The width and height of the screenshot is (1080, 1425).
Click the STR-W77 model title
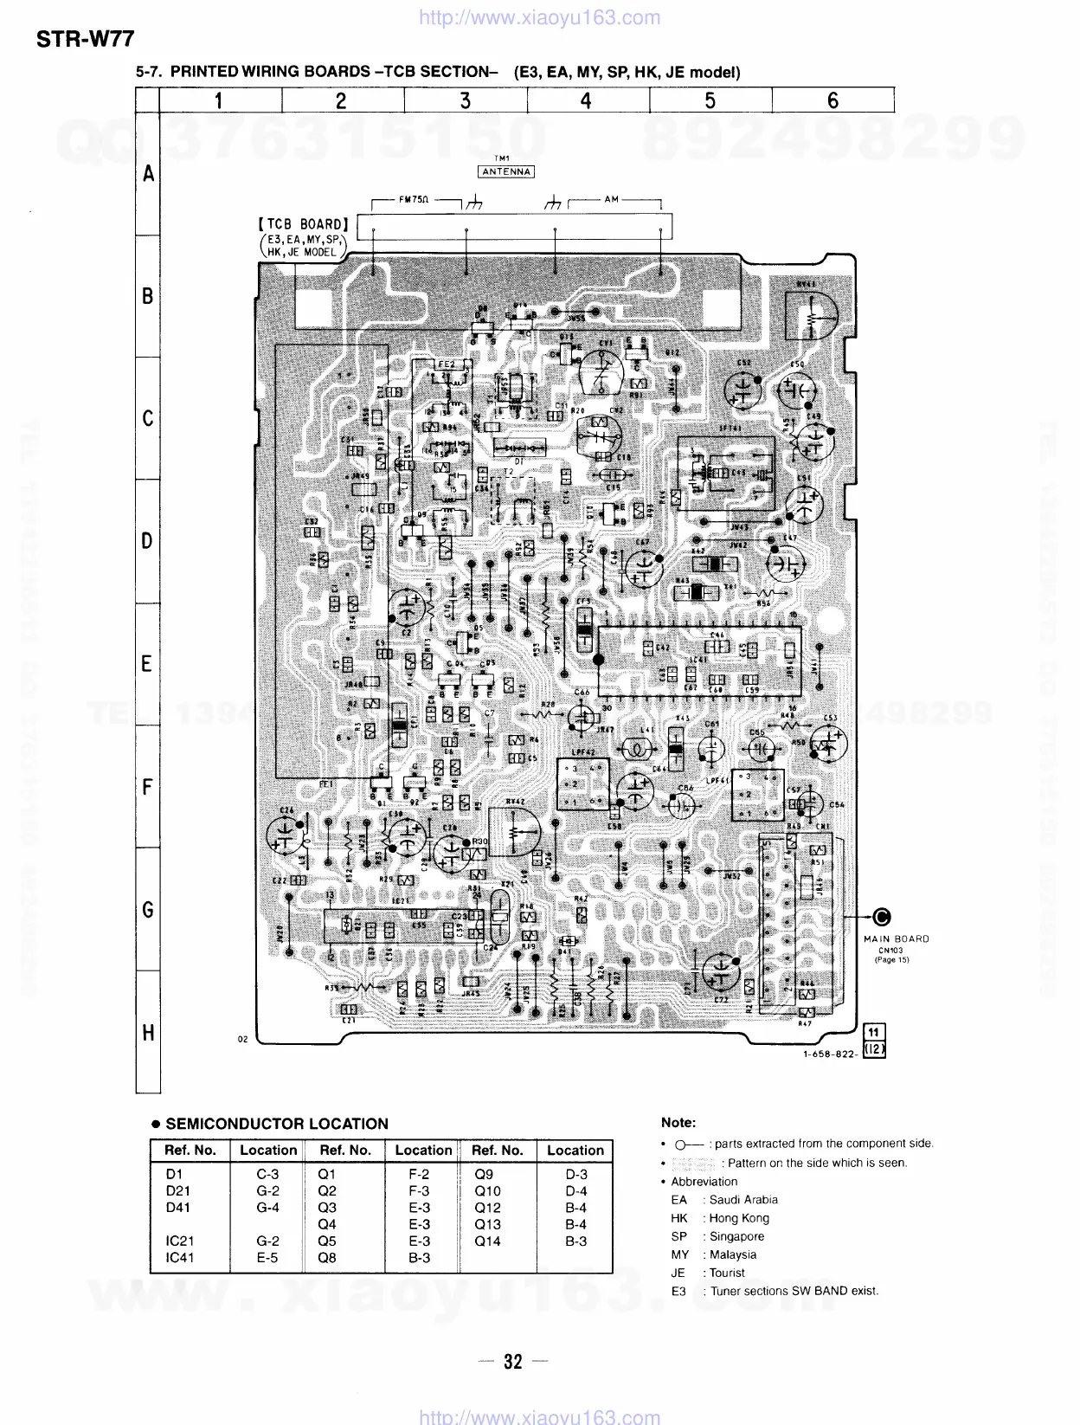coord(86,39)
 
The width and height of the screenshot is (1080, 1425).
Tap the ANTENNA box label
coord(506,171)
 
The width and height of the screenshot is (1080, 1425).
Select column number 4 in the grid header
coord(586,101)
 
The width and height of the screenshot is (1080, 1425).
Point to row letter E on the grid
coord(148,664)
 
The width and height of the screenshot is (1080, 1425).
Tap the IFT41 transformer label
coord(729,429)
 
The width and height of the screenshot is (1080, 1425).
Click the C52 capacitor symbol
coord(742,390)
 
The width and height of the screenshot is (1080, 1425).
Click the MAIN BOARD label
coord(896,938)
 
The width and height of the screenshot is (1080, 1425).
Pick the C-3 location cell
coord(267,1175)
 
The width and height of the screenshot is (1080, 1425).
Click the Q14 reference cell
coord(487,1241)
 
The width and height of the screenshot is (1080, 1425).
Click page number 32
coord(513,1362)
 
